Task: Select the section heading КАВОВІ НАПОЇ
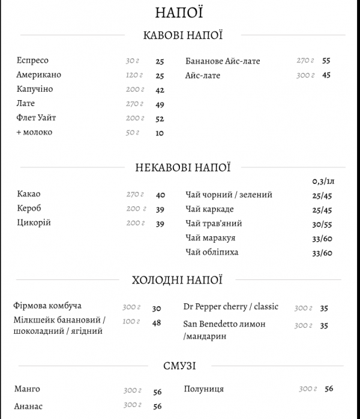pos(183,35)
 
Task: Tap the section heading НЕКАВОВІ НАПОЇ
pos(183,168)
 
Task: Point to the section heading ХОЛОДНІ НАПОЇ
pos(176,280)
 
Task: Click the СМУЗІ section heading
pos(179,366)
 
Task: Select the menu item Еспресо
pos(33,61)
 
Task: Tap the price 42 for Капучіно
pos(160,90)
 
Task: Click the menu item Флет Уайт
pos(40,118)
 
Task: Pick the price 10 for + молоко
pos(160,133)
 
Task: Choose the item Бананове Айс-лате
pos(223,61)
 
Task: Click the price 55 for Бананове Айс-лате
pos(326,61)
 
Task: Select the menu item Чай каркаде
pos(209,209)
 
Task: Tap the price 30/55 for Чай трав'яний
pos(322,224)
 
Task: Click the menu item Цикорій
pos(34,223)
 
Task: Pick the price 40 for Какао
pos(160,195)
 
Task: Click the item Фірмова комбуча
pos(47,306)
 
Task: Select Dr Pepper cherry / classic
pos(231,307)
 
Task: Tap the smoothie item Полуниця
pos(204,389)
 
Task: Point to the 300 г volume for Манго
pos(133,391)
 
